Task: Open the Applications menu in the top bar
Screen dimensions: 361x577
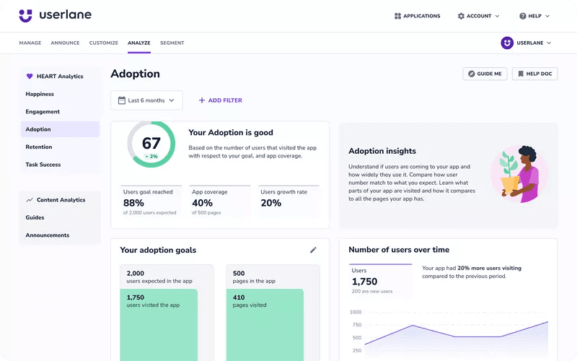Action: (418, 16)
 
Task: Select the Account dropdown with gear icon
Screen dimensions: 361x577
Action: (478, 16)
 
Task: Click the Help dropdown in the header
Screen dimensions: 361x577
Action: (534, 16)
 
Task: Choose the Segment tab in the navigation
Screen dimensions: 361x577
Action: (172, 43)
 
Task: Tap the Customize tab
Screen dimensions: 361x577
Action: (104, 43)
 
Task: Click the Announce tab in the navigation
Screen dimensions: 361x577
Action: (65, 43)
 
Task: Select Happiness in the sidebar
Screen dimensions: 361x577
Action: (40, 94)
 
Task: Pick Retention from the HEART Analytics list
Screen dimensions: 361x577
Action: (39, 147)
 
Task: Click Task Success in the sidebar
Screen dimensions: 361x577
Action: (43, 165)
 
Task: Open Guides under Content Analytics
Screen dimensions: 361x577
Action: (35, 217)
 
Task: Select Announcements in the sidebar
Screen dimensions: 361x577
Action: (48, 235)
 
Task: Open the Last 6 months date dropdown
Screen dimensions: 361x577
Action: (146, 100)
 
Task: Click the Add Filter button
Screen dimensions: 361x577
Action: (221, 100)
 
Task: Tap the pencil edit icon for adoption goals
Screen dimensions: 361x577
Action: (313, 250)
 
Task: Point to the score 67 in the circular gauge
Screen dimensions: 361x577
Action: (151, 143)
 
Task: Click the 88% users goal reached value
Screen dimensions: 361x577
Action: (133, 203)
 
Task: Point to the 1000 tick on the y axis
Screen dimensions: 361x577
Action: (356, 312)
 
